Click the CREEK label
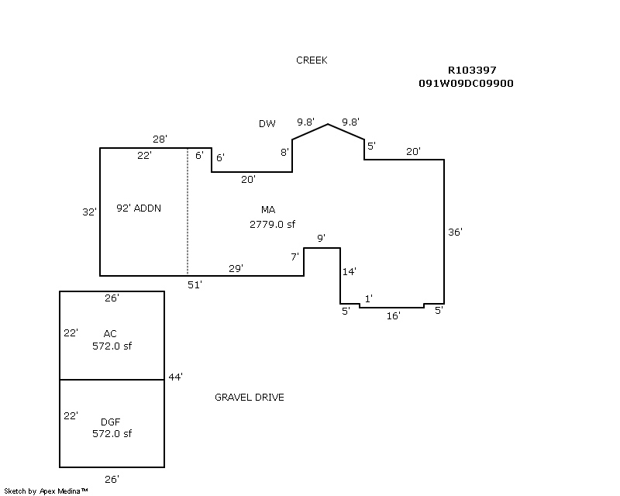pyautogui.click(x=312, y=60)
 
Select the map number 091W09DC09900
pyautogui.click(x=465, y=83)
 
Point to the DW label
pyautogui.click(x=267, y=124)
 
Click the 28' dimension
pyautogui.click(x=160, y=139)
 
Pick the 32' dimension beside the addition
pyautogui.click(x=90, y=212)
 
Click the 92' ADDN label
pyautogui.click(x=139, y=208)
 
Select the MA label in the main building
pyautogui.click(x=268, y=210)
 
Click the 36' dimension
pyautogui.click(x=456, y=232)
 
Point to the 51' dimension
pyautogui.click(x=195, y=285)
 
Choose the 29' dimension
pyautogui.click(x=236, y=268)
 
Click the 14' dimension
pyautogui.click(x=349, y=271)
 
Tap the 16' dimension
pyautogui.click(x=393, y=315)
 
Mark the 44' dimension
pyautogui.click(x=175, y=377)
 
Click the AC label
pyautogui.click(x=110, y=334)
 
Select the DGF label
pyautogui.click(x=110, y=422)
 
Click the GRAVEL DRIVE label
pyautogui.click(x=249, y=398)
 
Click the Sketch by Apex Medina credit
pyautogui.click(x=46, y=491)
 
